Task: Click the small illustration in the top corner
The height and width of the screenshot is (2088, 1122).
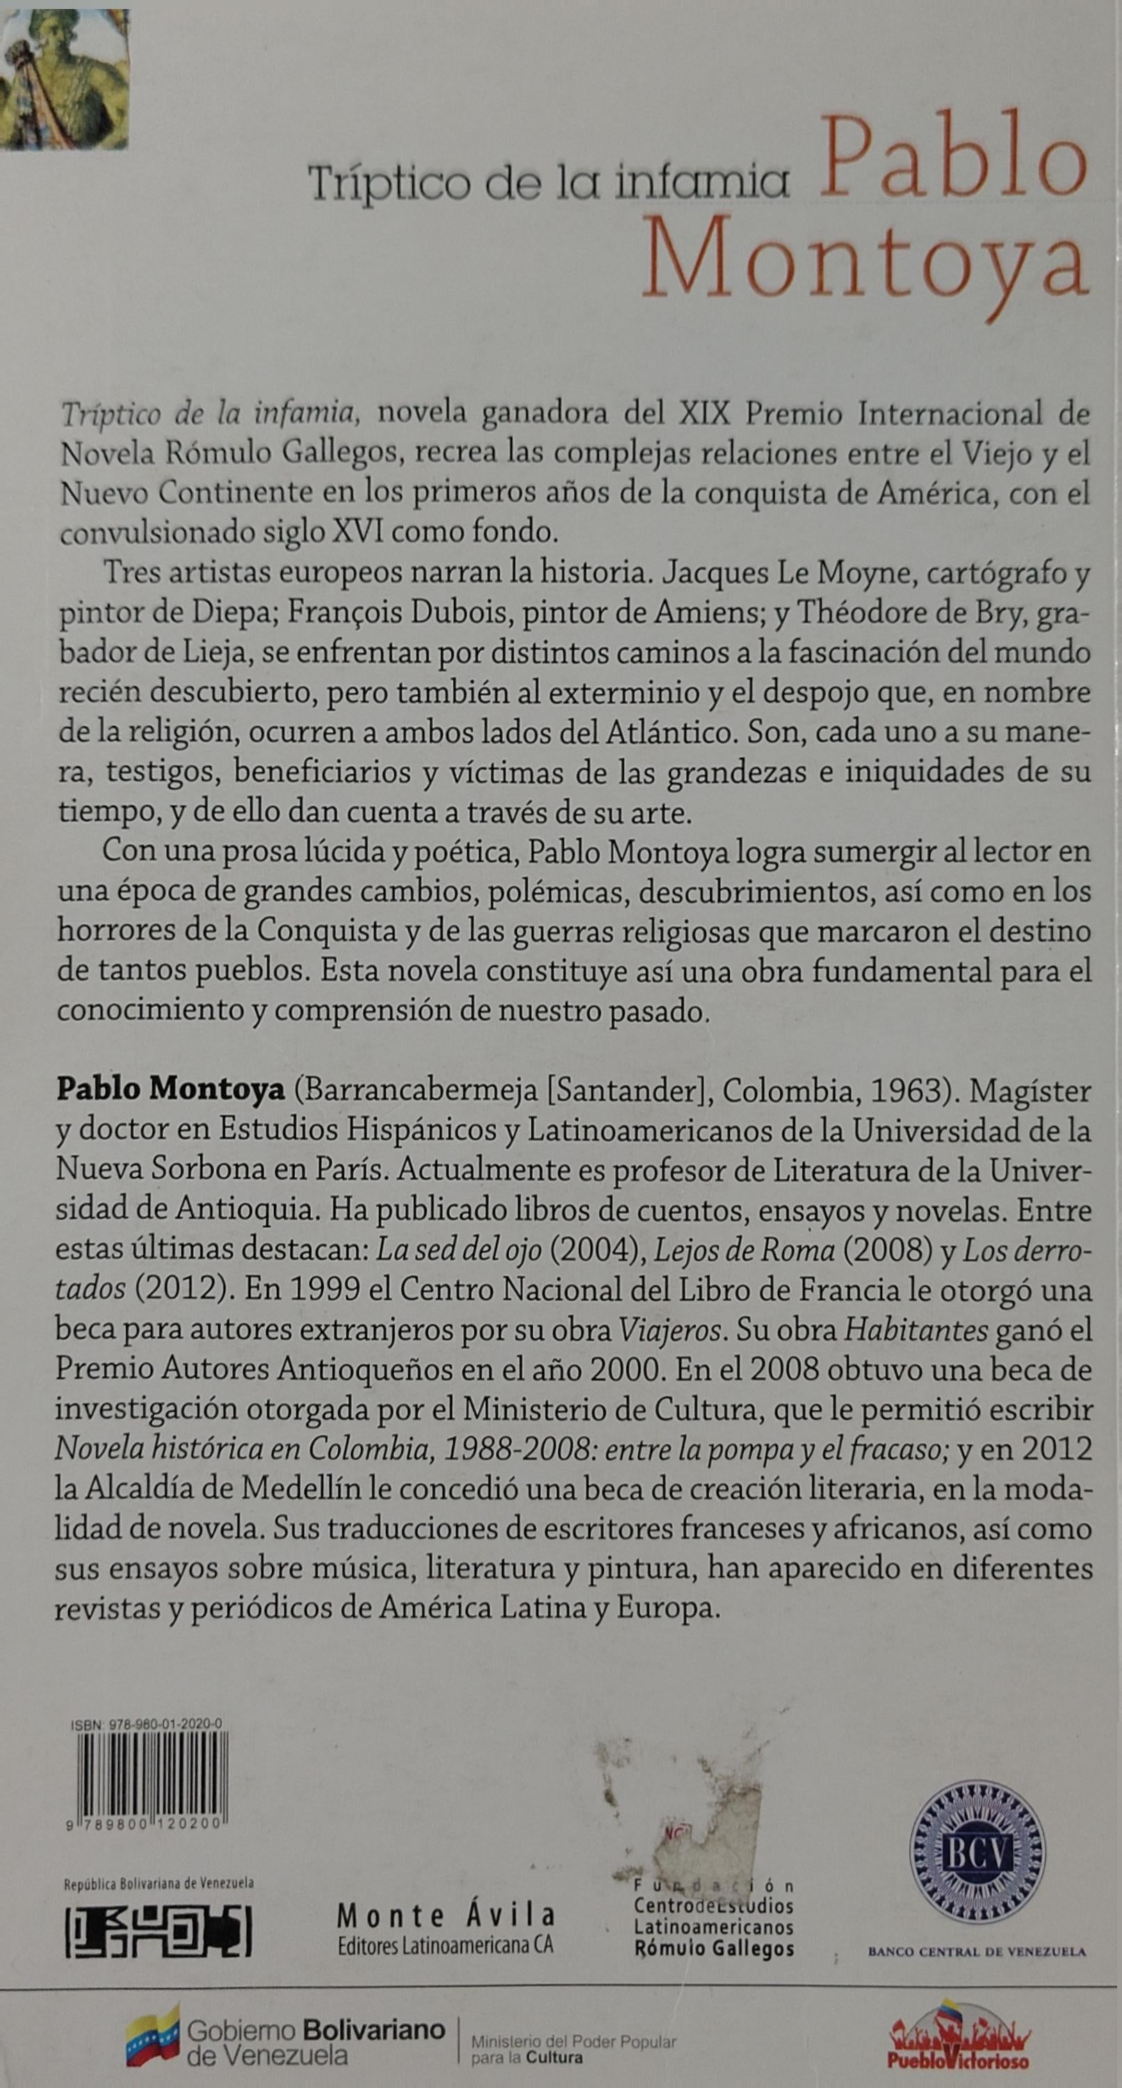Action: [x=64, y=79]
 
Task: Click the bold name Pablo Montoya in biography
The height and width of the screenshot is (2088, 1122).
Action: [x=170, y=1090]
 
